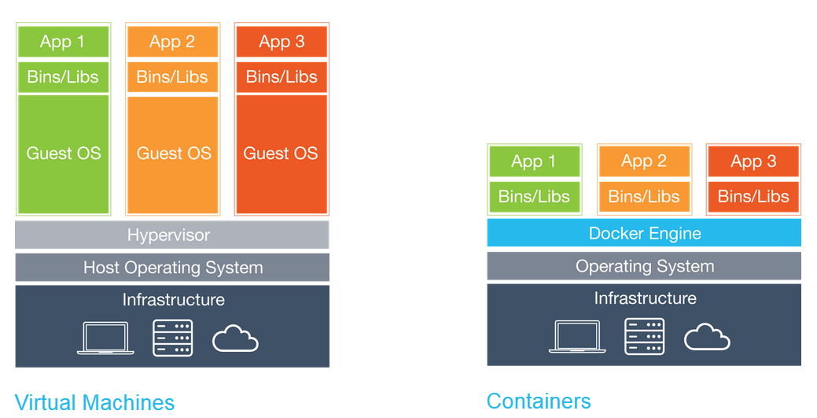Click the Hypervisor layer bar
172,235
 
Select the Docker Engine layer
644,233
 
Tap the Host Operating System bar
172,268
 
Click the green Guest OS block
63,154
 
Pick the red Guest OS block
282,154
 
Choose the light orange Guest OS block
173,154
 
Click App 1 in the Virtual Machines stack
63,42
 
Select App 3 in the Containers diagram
753,161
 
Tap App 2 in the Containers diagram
644,161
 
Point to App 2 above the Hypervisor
173,42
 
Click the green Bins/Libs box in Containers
534,197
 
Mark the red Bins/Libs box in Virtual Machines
282,77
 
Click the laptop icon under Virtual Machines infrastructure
105,338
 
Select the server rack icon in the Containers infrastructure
644,337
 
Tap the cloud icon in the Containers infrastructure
707,337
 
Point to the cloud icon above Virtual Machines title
235,338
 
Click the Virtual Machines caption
94,402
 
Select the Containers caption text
539,401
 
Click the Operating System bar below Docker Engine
644,267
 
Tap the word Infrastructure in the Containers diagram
645,298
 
